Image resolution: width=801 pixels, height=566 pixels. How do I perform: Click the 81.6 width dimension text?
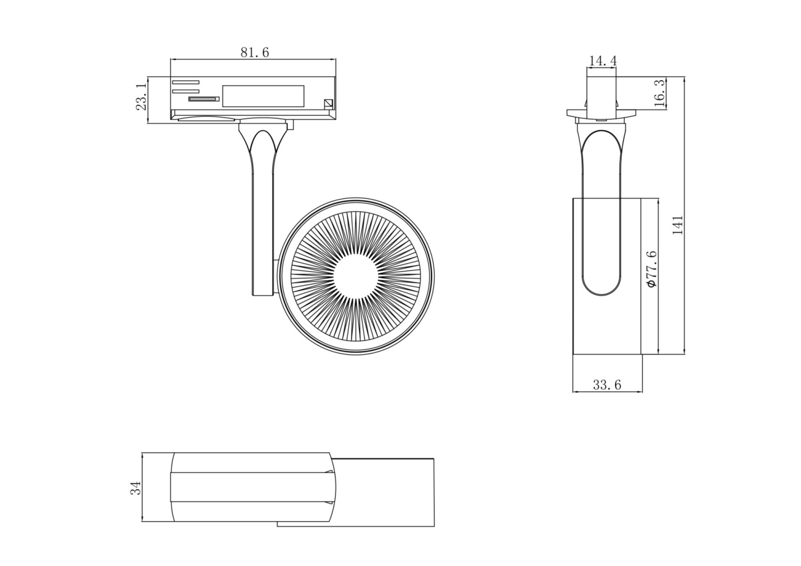pos(255,52)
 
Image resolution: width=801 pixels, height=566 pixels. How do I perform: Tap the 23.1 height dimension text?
pos(141,97)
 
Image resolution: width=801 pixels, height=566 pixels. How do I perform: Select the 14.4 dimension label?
pos(602,61)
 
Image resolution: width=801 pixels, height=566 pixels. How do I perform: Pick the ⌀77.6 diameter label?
pos(651,269)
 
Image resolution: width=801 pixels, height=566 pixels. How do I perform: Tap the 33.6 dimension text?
pos(607,384)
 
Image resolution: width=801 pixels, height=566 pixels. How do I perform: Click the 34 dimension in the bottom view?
pos(136,488)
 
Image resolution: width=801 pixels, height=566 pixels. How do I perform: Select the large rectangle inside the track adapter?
pos(263,96)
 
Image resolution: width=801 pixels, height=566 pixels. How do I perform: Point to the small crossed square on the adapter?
pos(328,104)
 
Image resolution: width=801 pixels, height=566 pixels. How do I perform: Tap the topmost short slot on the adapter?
pos(185,82)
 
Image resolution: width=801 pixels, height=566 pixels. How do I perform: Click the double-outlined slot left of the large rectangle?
pos(203,99)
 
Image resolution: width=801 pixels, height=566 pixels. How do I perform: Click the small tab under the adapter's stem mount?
pos(290,125)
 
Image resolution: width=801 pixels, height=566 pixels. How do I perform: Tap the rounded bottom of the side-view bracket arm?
pos(602,288)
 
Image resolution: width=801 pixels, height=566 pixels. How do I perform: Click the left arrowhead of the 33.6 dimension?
pos(576,392)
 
